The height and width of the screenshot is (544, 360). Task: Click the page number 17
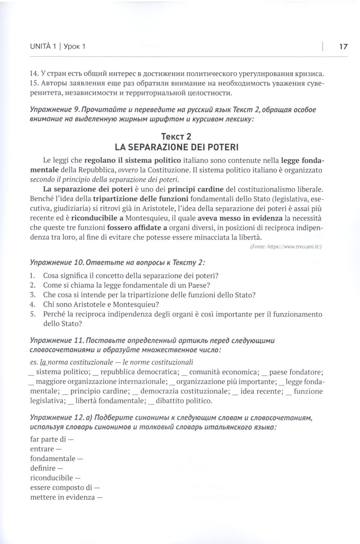point(343,46)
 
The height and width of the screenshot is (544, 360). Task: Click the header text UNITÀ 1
point(42,46)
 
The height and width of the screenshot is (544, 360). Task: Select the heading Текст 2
point(176,137)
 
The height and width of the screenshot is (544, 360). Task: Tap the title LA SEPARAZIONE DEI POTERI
point(176,147)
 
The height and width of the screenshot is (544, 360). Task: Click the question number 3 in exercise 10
point(32,295)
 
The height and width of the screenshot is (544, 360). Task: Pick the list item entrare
point(42,449)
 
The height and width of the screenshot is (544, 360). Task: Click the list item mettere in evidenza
point(63,498)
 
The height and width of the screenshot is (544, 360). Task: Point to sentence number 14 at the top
point(34,74)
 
